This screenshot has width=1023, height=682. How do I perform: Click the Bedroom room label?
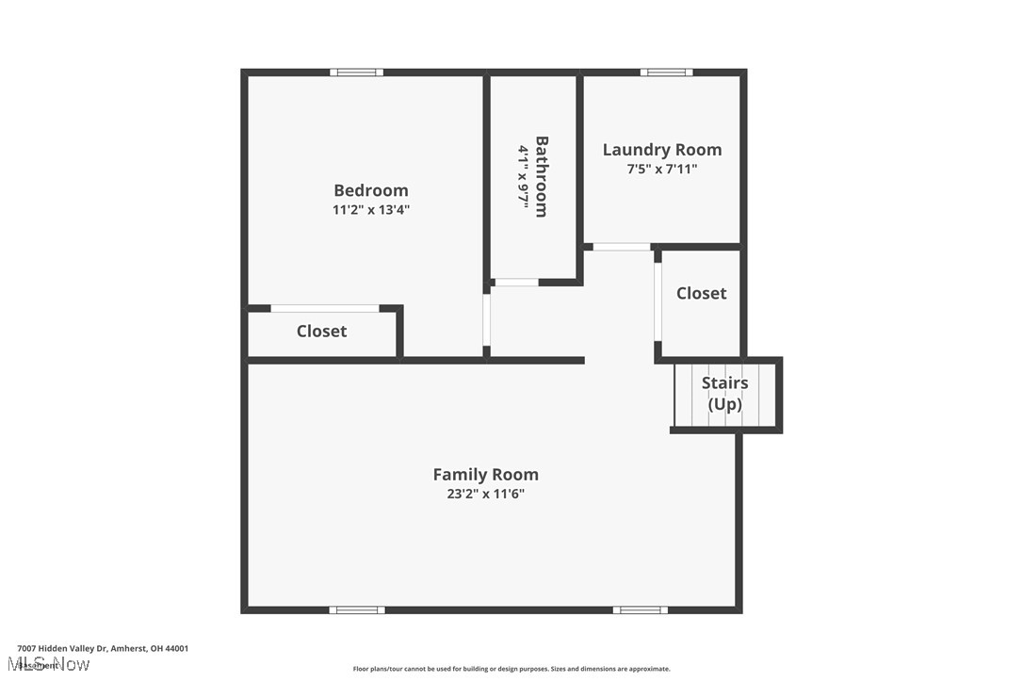coord(370,190)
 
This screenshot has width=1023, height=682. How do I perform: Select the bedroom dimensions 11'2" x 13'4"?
coord(370,210)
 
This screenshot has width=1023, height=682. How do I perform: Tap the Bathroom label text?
coord(542,176)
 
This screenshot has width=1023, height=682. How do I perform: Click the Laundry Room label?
coord(661,150)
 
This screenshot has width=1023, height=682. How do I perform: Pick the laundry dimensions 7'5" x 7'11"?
coord(661,170)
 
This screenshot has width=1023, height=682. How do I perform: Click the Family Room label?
coord(485,475)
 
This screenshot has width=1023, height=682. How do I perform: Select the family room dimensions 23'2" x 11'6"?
coord(485,494)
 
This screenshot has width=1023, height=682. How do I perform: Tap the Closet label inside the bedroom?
coord(321,332)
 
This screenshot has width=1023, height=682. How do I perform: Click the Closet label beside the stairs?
coord(701,294)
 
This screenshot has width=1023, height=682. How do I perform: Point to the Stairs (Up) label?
coord(724,394)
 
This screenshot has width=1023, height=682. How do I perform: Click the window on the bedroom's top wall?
coord(356,73)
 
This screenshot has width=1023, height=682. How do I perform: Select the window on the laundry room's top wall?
coord(666,73)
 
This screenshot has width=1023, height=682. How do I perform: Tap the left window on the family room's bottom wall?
coord(357,610)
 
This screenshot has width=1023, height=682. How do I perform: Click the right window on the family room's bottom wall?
coord(640,610)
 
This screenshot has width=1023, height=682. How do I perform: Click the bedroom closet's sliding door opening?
coord(325,308)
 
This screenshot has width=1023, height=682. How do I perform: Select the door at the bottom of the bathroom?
coord(516,282)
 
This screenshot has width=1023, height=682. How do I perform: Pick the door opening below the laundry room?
coord(621,247)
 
